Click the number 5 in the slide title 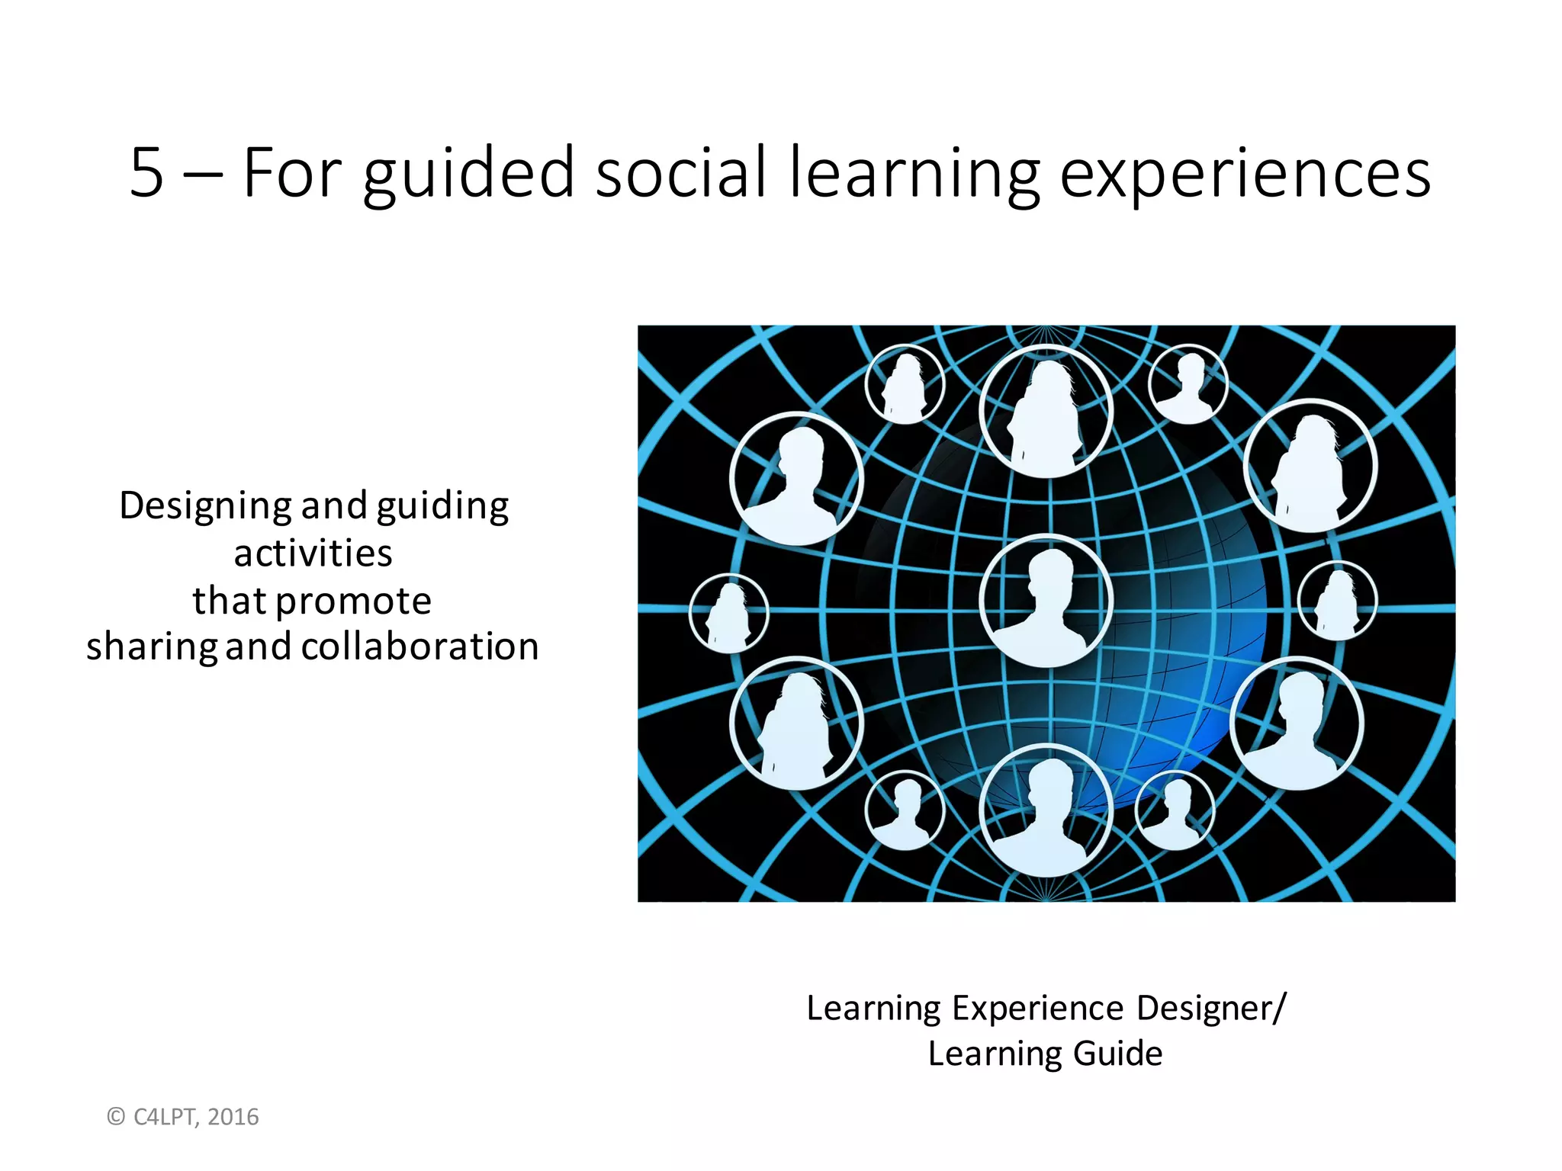[147, 173]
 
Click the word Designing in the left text [205, 507]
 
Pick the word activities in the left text [313, 553]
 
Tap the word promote [353, 602]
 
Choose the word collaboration [420, 646]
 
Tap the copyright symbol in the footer [116, 1117]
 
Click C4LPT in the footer [166, 1117]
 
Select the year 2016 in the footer [233, 1117]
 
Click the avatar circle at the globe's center [1046, 600]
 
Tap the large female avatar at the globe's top [1046, 412]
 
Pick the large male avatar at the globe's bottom [1046, 810]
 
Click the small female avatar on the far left [728, 614]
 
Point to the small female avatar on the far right [1337, 601]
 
